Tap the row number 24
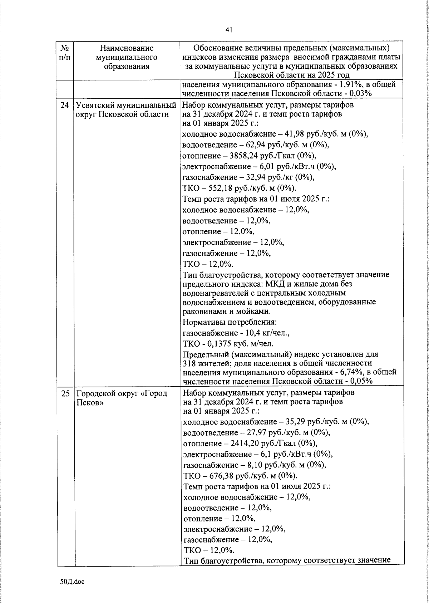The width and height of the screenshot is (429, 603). coord(65,106)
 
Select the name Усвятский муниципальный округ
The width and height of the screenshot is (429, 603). coord(126,110)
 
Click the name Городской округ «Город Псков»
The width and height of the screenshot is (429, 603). coord(122,397)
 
